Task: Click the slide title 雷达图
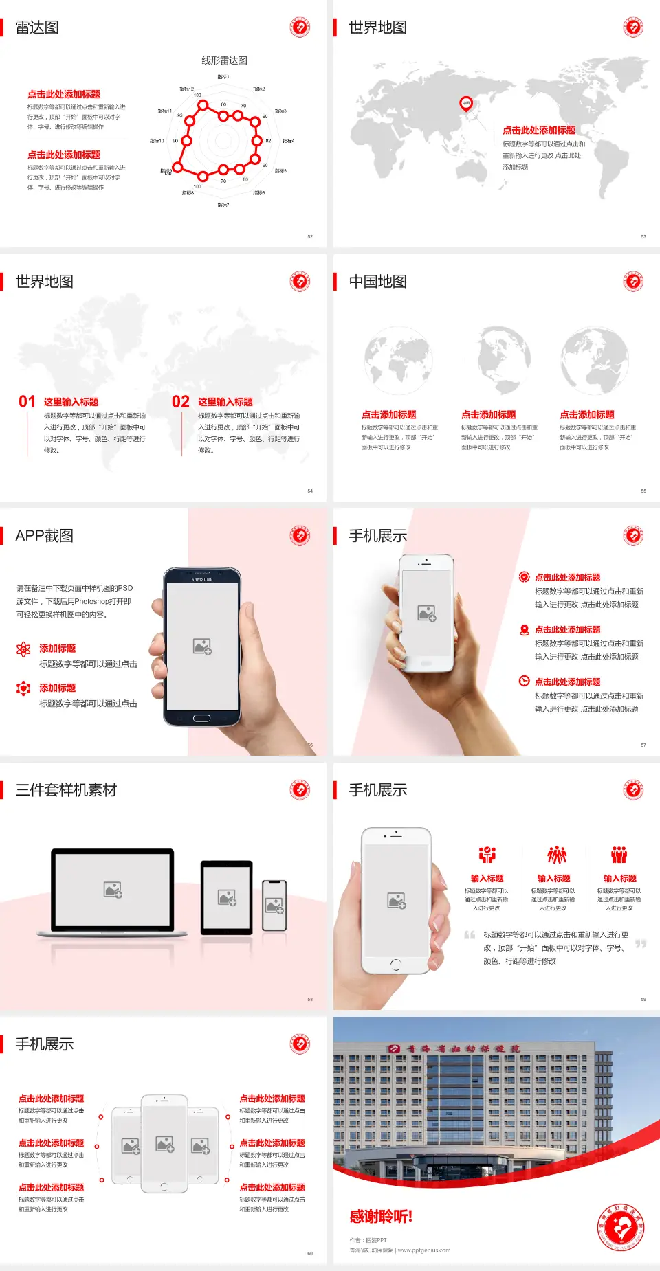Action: click(37, 27)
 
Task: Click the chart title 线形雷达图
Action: click(224, 60)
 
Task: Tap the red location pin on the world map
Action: click(466, 103)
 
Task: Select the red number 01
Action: click(27, 402)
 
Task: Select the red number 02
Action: click(181, 402)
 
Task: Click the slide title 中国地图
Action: click(377, 282)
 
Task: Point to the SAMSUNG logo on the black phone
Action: click(202, 579)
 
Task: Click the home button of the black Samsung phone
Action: click(201, 718)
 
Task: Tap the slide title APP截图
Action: click(44, 536)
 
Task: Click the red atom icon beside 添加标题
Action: click(23, 649)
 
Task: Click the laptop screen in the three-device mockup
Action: click(113, 889)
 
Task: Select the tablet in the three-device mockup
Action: click(227, 897)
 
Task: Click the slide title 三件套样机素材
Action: click(66, 790)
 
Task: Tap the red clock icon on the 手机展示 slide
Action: click(524, 681)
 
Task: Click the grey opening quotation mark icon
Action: click(470, 935)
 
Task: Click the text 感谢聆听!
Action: click(381, 1217)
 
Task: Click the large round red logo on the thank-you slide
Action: click(621, 1227)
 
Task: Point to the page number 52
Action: click(310, 236)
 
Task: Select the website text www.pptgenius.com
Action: click(424, 1250)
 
